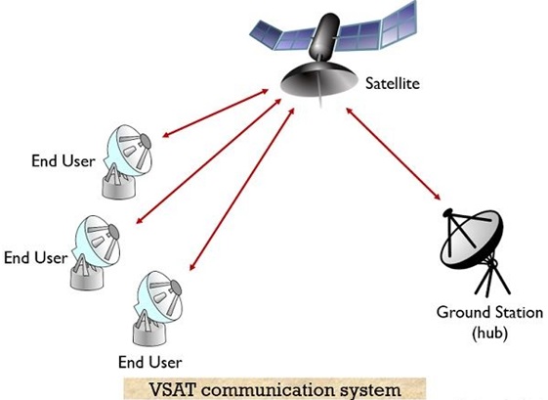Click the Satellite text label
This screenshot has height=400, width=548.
click(x=392, y=83)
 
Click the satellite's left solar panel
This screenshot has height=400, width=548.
click(x=281, y=36)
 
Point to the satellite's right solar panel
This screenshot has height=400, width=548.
click(x=377, y=29)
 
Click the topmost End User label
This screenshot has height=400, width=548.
click(x=63, y=161)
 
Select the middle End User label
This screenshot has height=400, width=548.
click(x=35, y=258)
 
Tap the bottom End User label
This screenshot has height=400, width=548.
click(x=150, y=362)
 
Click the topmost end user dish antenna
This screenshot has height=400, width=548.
click(x=127, y=162)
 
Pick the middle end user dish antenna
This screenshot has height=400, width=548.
click(x=96, y=252)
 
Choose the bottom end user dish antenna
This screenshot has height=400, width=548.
click(x=158, y=308)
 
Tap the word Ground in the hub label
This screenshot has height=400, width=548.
click(x=461, y=312)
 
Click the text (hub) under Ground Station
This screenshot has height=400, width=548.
click(x=489, y=332)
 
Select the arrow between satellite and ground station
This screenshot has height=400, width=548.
click(x=394, y=154)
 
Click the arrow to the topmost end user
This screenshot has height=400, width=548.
click(x=216, y=113)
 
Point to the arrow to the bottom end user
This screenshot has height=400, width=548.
click(x=242, y=189)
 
